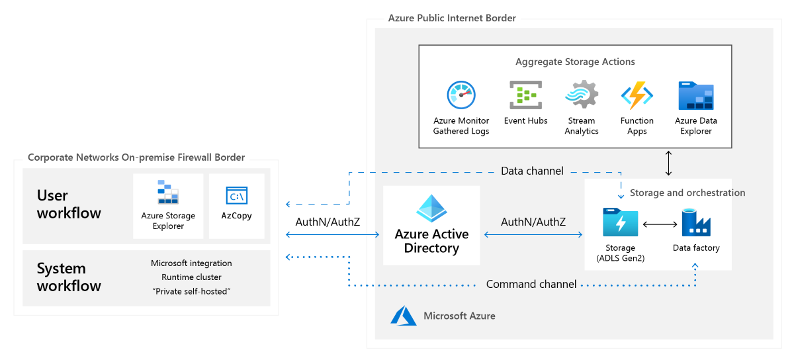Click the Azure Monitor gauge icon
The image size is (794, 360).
click(461, 95)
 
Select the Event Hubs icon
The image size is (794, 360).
click(525, 95)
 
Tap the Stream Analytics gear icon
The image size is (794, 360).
click(582, 95)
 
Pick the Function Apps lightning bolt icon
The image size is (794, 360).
click(637, 95)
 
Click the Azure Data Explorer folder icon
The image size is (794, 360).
click(695, 95)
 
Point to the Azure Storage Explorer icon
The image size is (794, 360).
click(168, 192)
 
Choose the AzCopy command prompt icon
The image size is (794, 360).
click(236, 196)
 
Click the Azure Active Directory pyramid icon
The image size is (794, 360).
click(431, 208)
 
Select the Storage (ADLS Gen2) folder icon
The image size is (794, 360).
click(620, 223)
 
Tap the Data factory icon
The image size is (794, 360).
click(696, 222)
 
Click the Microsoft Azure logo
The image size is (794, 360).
click(404, 316)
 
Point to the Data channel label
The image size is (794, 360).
click(532, 171)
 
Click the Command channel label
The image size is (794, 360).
click(531, 284)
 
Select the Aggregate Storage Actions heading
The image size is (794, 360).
click(575, 62)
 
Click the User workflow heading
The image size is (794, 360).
click(69, 204)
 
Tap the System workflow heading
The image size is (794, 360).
click(69, 277)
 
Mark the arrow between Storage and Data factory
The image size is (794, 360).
click(660, 224)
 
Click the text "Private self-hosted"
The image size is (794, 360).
click(191, 291)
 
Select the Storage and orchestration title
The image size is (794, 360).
click(687, 193)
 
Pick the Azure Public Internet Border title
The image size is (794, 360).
click(452, 18)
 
